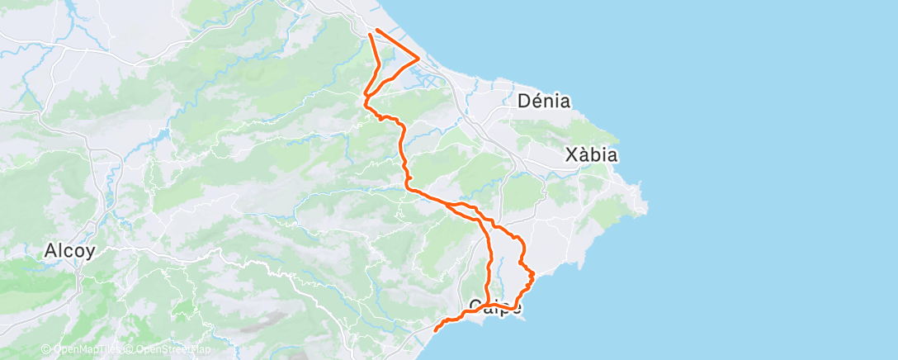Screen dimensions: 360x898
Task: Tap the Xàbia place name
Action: (591, 154)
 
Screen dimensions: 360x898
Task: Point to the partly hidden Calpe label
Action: (494, 306)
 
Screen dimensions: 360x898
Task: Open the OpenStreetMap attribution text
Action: (161, 349)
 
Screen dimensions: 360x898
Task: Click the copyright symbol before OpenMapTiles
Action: (46, 349)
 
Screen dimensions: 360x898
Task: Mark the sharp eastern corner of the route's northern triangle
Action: (419, 57)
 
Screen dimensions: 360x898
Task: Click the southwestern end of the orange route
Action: (435, 330)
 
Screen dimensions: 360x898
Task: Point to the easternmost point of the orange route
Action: (534, 273)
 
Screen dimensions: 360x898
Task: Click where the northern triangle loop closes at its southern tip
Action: (365, 98)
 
